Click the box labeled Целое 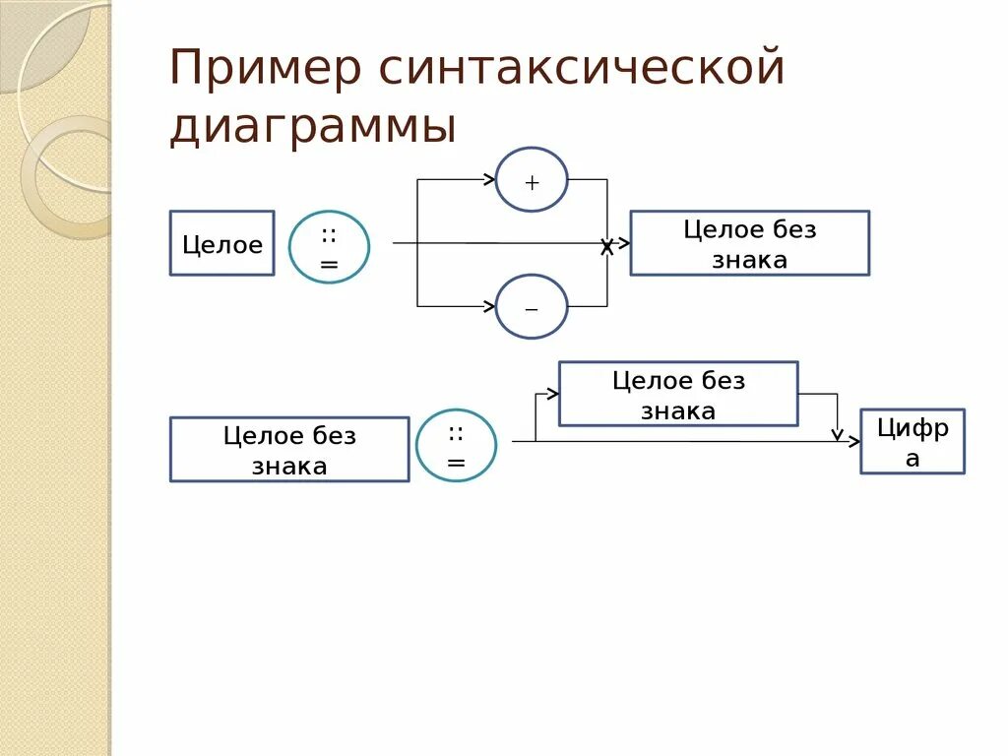[221, 243]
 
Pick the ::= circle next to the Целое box [329, 247]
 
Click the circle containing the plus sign [532, 180]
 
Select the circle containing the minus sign [532, 306]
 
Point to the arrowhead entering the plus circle [489, 179]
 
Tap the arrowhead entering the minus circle [489, 306]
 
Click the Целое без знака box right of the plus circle [749, 243]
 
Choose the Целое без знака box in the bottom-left [289, 449]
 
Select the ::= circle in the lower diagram [456, 445]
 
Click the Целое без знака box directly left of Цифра [678, 394]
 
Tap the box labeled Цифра [913, 441]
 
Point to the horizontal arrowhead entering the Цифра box [854, 441]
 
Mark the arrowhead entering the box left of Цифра [553, 393]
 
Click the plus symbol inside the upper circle [532, 182]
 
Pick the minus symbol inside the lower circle [532, 308]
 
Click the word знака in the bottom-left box [289, 466]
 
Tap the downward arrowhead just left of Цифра [837, 434]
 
